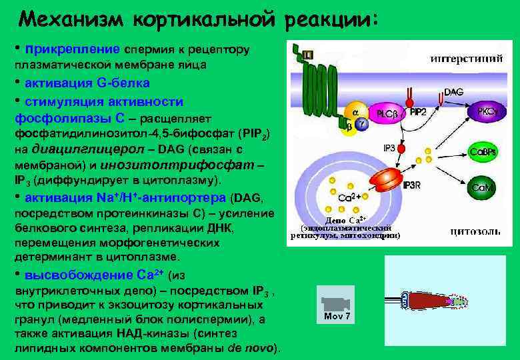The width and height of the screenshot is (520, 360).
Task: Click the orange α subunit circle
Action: pos(355,111)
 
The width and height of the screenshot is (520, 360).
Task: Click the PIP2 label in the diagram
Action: pos(418,111)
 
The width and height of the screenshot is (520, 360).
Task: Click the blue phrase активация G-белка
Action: pos(87,83)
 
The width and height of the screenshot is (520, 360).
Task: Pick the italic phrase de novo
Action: pos(249,349)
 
